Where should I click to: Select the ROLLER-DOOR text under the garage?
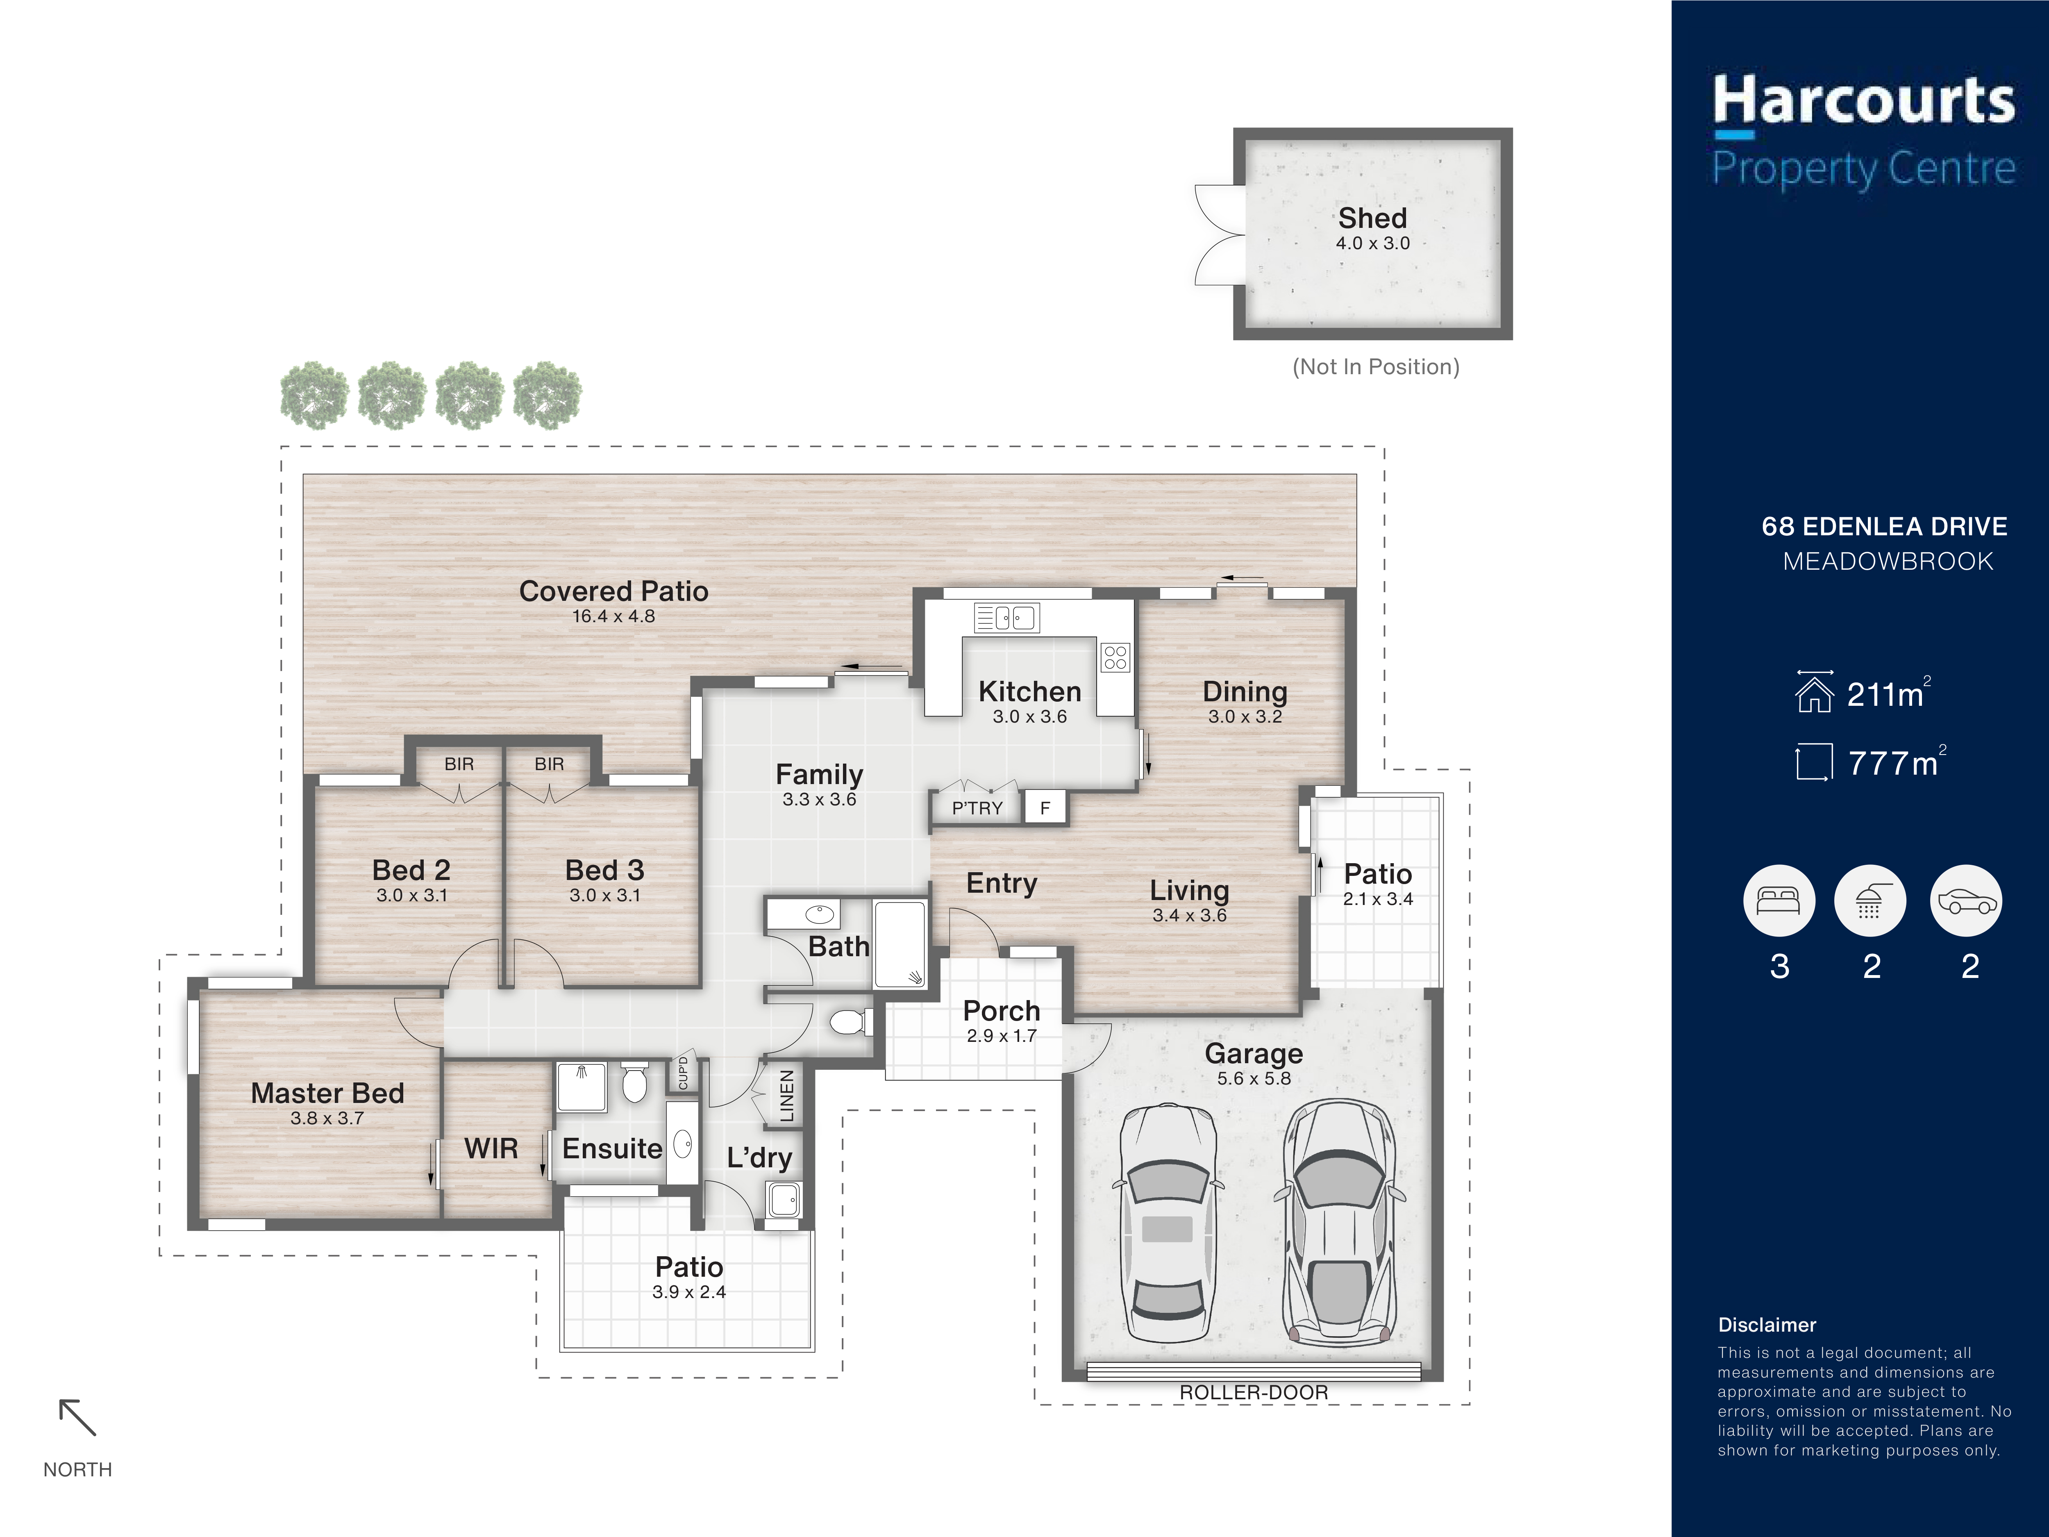pyautogui.click(x=1253, y=1392)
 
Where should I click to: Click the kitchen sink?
pyautogui.click(x=1007, y=617)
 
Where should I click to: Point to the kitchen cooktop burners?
pyautogui.click(x=1115, y=657)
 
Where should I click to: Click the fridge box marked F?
pyautogui.click(x=1045, y=808)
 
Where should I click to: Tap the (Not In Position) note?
pyautogui.click(x=1376, y=367)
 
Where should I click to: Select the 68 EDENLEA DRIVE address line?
pyautogui.click(x=1884, y=526)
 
